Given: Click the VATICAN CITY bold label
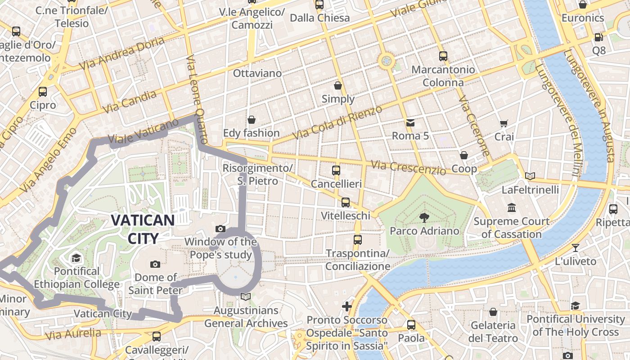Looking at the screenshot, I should coord(143,229).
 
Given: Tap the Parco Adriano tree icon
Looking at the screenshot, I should coord(424,218).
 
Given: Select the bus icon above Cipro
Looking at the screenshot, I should coord(43,92).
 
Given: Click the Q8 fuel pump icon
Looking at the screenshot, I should coord(598,37).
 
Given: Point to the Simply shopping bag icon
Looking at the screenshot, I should coord(338,85).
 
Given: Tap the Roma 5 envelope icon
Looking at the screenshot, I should coord(410,122).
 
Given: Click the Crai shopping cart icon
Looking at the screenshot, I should coord(504,123).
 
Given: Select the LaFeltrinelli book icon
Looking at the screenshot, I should coord(530,176).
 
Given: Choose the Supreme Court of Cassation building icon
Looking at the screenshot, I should coord(512,208).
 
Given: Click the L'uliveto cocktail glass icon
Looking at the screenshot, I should coord(575,247).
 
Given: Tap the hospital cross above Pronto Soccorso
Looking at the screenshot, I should coord(346,306).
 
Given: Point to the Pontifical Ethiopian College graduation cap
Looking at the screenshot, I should coord(76,258).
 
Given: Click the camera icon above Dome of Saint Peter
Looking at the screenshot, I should coord(155,264).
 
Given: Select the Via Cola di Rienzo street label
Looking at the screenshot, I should coord(337,122).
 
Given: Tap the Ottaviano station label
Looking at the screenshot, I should coord(257,73).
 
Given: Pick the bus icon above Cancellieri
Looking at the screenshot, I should coord(336,171).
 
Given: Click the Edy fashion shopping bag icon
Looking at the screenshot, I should coord(252,120).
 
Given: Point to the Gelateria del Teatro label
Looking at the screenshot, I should coord(493,331).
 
